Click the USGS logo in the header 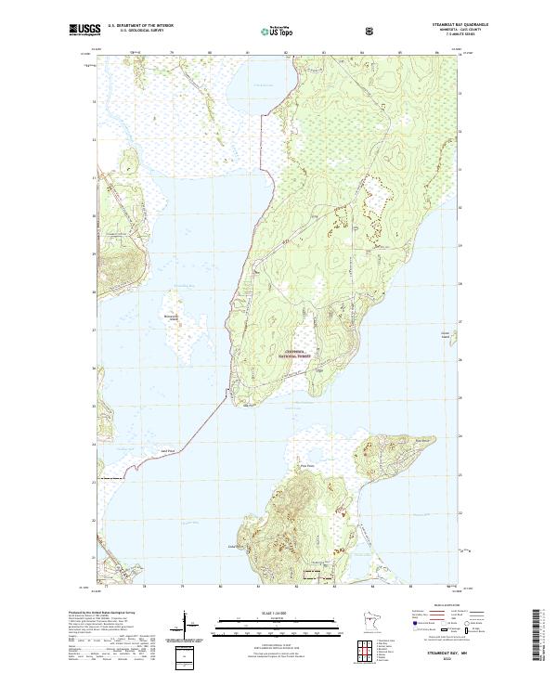click(84, 31)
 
